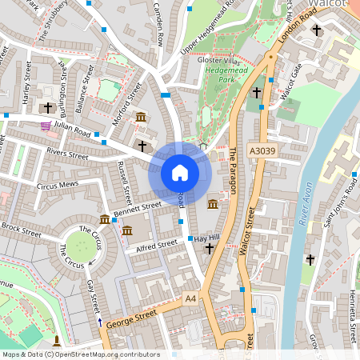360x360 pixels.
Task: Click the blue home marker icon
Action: pos(180,173)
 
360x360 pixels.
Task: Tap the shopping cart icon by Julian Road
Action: pos(46,125)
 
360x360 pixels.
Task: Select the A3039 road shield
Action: pos(261,150)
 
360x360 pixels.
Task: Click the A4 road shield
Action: pos(190,298)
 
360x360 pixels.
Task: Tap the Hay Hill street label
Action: pos(206,238)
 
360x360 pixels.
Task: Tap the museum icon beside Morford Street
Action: pos(141,118)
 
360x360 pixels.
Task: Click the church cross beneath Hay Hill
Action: pos(210,250)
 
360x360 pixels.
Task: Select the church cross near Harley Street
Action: pos(47,106)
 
